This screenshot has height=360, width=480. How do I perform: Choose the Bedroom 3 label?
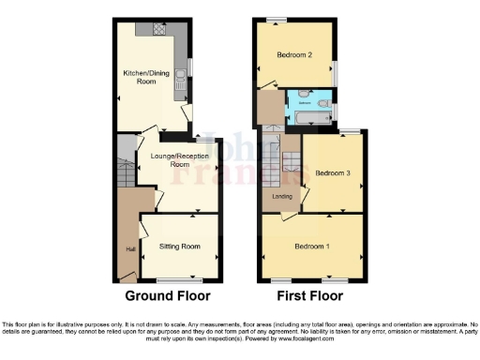(333, 174)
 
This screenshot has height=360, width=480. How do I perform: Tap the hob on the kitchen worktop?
(156, 30)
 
